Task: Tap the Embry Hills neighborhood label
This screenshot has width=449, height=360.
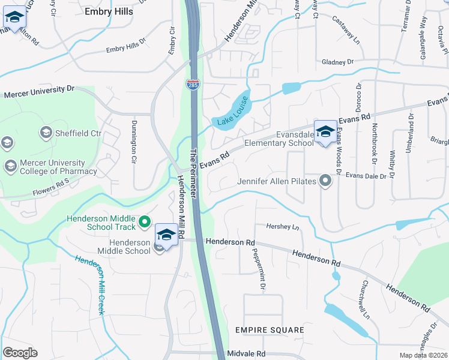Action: pos(112,11)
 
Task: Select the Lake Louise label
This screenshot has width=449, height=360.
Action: pos(231,112)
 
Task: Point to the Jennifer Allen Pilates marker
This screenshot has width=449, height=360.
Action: pos(325,180)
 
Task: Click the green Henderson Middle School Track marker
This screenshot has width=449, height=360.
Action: pos(144,223)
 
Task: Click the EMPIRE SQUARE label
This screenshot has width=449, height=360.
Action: pos(270,330)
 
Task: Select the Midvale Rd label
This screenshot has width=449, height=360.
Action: pos(246,354)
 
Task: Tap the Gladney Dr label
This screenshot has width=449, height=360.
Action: pos(338,62)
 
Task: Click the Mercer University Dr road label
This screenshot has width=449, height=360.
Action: pos(38,91)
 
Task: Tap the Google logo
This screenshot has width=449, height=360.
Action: pos(20,352)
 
